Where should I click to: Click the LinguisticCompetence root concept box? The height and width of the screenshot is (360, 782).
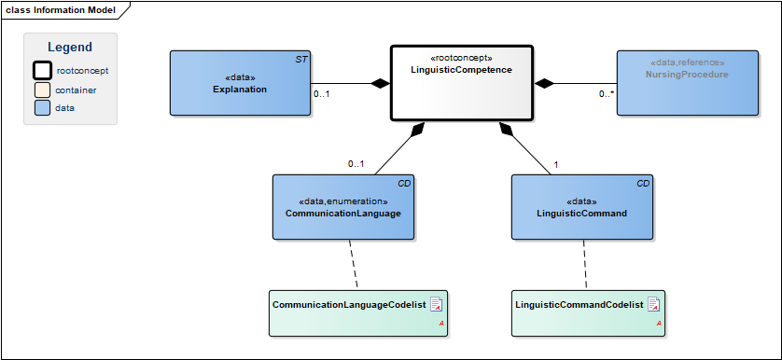[462, 83]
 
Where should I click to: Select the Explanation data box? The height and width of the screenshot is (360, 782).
[240, 83]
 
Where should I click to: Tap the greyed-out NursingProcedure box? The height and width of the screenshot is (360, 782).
[687, 83]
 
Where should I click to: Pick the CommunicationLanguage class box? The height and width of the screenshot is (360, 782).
[343, 207]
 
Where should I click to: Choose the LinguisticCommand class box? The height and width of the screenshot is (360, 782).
[582, 207]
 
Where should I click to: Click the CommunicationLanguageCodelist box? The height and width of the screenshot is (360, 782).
[358, 313]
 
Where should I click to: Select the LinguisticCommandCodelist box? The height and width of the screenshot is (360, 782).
[589, 313]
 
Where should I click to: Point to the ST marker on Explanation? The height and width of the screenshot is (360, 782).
[301, 60]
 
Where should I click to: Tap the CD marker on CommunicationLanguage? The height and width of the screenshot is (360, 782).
[404, 184]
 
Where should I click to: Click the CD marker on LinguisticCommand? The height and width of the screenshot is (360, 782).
[643, 184]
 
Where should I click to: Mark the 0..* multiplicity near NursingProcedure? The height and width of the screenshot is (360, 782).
[606, 93]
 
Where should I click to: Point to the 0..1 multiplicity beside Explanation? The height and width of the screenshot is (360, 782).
[321, 93]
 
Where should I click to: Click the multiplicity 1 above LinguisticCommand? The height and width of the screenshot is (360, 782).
[555, 164]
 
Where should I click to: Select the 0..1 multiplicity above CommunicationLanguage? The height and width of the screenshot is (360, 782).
[356, 163]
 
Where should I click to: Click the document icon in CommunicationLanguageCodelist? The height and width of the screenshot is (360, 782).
[437, 304]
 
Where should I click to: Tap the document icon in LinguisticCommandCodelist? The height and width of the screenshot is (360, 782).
[654, 304]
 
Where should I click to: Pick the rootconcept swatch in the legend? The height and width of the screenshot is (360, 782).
[42, 70]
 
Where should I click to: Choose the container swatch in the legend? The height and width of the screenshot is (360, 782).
[42, 90]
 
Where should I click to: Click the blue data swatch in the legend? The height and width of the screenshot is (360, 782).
[42, 107]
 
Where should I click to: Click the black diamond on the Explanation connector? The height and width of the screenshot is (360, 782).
[381, 83]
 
